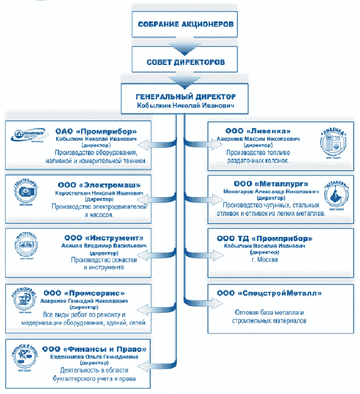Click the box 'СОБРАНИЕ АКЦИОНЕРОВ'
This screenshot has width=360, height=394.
click(x=185, y=25)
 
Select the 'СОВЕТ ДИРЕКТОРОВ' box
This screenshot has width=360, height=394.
click(x=185, y=61)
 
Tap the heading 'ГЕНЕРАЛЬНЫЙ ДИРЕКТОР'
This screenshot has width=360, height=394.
click(x=184, y=97)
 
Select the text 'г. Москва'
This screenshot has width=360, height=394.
click(x=264, y=260)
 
